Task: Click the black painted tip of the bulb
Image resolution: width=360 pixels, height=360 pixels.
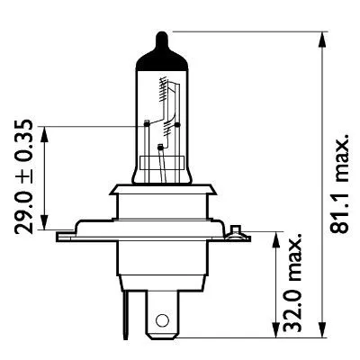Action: pos(161,42)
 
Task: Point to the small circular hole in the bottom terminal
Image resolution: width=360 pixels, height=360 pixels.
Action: pos(163,319)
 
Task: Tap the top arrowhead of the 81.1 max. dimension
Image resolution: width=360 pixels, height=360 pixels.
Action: pos(320,38)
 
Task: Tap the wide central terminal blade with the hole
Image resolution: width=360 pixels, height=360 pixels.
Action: pos(163,310)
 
